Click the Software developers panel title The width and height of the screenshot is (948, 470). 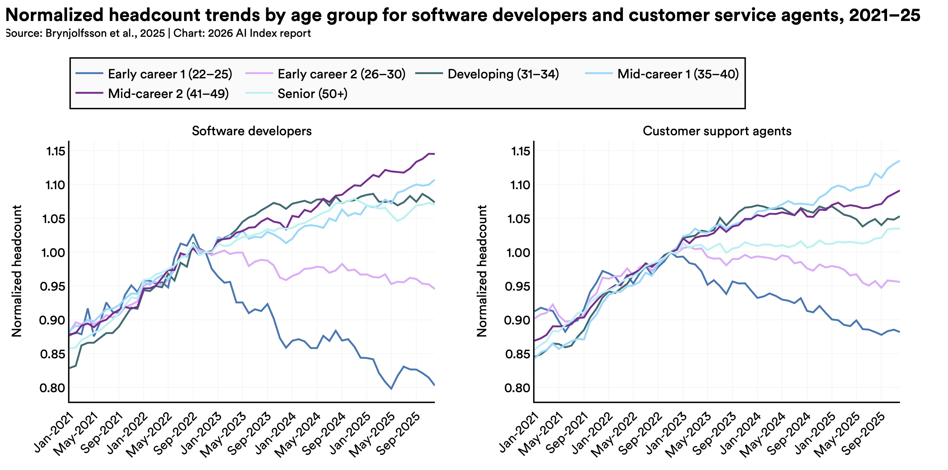(x=252, y=131)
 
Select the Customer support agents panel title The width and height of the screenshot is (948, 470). (x=717, y=131)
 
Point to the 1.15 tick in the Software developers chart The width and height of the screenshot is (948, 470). (x=56, y=151)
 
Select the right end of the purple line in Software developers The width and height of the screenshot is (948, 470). (x=434, y=154)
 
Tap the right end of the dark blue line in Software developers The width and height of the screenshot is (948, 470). (x=434, y=385)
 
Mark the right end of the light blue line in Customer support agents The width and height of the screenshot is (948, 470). (x=899, y=161)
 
